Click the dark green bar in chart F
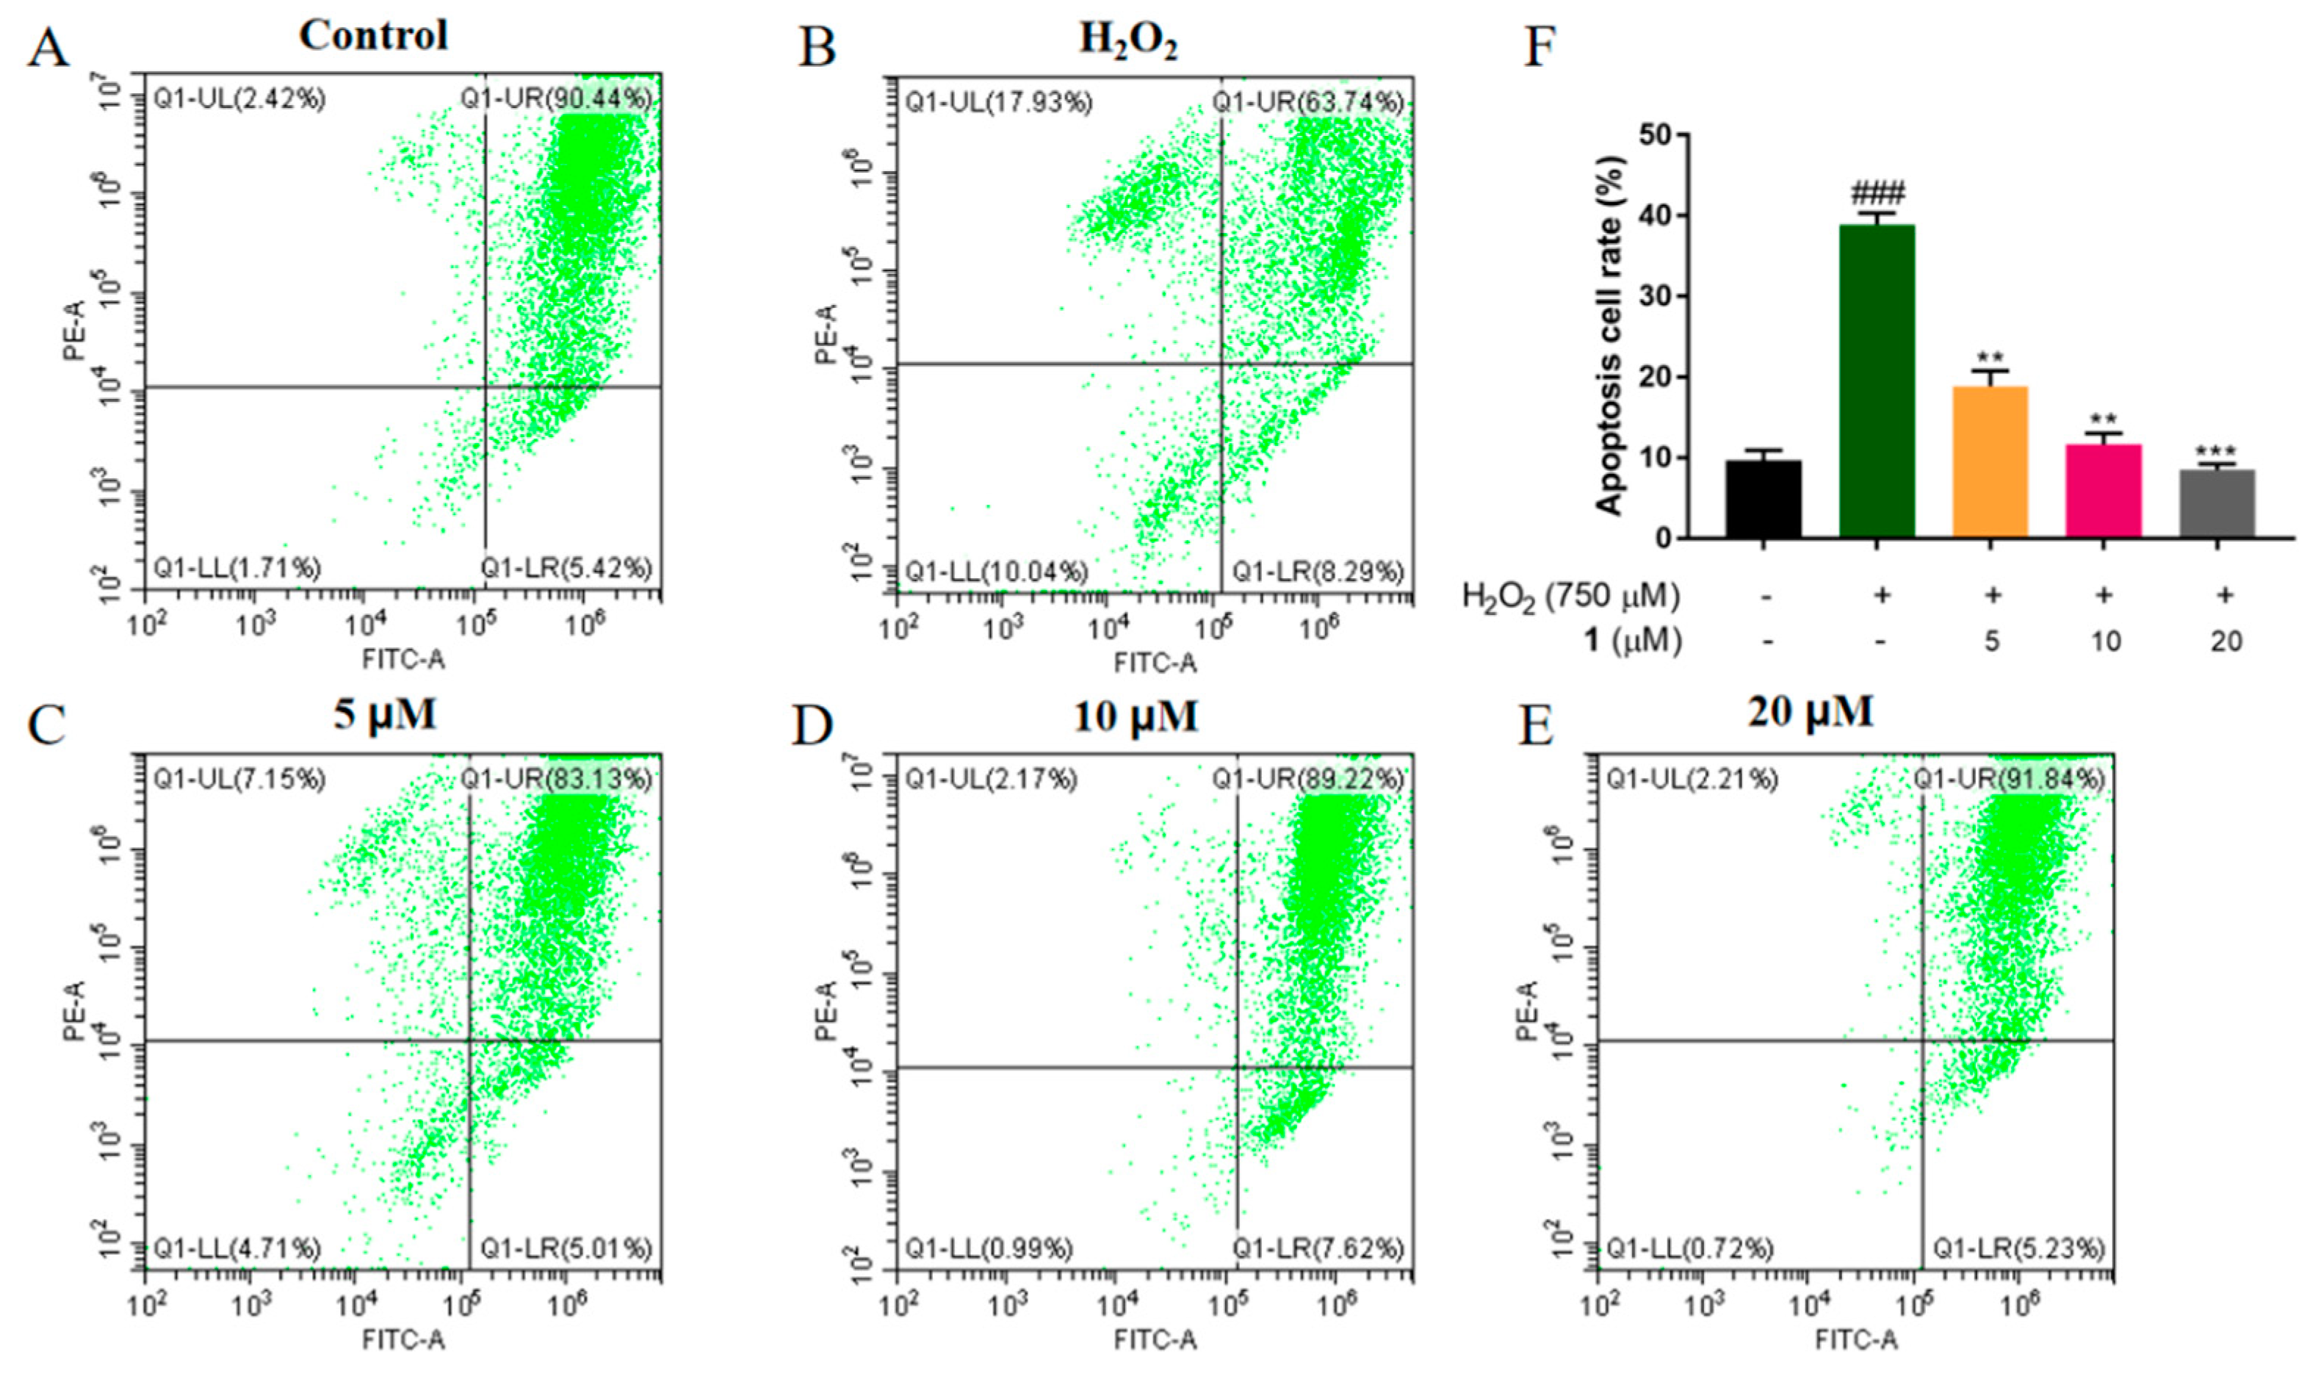click(1876, 381)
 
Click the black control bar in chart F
click(1763, 499)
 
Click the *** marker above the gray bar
click(2216, 450)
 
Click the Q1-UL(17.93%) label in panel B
click(997, 101)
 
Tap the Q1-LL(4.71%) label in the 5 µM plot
click(237, 1248)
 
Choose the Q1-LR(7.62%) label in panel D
click(1317, 1248)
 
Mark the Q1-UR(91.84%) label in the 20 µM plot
click(2008, 779)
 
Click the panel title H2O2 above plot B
click(1127, 39)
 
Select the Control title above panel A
click(373, 35)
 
